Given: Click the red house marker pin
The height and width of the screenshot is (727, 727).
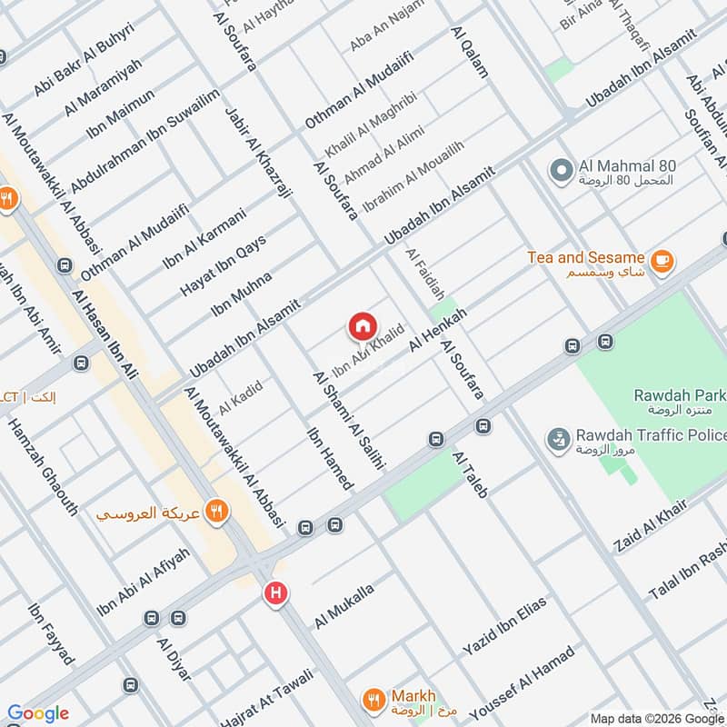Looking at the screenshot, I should coord(362,326).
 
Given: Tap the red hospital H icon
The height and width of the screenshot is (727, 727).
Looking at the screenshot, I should coord(275,594).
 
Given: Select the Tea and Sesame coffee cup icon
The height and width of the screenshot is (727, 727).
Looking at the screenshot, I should coord(662,259).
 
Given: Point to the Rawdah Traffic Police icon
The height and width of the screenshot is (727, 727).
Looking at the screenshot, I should coord(556,441).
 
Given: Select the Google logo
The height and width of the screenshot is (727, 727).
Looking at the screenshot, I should coord(38,713).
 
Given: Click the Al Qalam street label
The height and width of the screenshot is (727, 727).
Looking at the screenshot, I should coord(469,52).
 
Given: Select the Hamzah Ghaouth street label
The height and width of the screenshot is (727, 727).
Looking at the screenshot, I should coord(43,467).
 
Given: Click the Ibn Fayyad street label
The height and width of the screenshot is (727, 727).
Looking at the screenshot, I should coord(51,634).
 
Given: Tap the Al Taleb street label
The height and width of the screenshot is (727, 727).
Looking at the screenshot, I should coord(475,474).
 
